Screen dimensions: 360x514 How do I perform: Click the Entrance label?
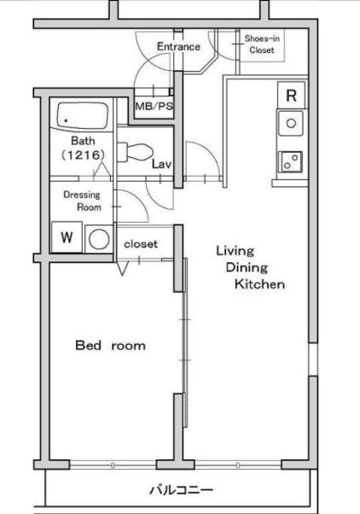coord(178,47)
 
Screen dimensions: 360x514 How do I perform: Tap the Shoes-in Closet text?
coord(262,44)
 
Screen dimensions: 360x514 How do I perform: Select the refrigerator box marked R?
coord(291,95)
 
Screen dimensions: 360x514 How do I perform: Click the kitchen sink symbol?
coord(291,123)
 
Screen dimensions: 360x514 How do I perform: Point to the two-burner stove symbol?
coord(291,161)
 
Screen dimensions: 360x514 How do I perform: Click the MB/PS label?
coord(154,106)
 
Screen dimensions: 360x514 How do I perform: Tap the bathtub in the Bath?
coord(82,117)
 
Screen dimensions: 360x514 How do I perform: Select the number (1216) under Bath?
coord(83,155)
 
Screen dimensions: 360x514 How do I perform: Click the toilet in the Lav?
coord(135,152)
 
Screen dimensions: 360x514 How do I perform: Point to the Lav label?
coord(161,164)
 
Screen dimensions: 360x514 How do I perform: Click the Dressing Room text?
coord(82,201)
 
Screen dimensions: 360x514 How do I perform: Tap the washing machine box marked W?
coord(67,237)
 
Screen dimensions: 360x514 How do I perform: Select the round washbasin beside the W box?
coord(99,239)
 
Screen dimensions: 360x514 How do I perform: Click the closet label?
coord(141,244)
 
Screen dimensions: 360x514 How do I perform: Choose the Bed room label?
coord(110,346)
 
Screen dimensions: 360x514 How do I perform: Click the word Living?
coord(235,251)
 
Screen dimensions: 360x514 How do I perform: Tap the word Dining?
coord(247,268)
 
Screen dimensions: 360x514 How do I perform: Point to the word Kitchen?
coord(259,283)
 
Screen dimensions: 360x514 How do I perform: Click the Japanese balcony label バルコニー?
coord(181,490)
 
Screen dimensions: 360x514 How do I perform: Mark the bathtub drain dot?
coord(67,120)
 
